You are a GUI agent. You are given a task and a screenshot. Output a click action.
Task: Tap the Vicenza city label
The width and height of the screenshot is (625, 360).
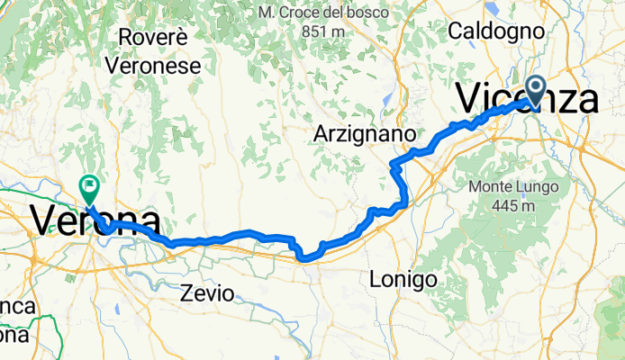point(528,97)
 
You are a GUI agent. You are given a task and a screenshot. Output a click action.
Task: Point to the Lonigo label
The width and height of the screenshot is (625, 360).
point(403,280)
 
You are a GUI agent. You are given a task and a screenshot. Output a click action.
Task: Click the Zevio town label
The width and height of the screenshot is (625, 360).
point(208,293)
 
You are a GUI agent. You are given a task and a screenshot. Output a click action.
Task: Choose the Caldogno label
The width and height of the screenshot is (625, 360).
point(496,31)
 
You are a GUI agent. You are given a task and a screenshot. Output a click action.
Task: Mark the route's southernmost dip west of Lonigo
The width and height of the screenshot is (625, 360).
point(306,258)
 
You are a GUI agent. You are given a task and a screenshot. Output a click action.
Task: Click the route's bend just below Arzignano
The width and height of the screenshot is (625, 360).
point(394,164)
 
